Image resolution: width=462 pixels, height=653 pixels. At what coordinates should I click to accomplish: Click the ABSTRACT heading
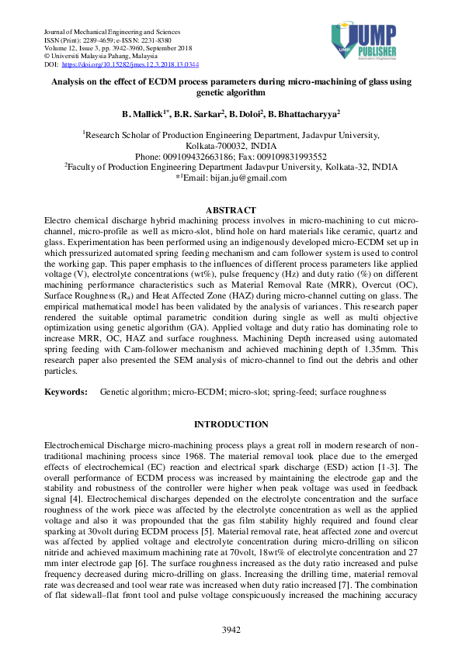coord(231,210)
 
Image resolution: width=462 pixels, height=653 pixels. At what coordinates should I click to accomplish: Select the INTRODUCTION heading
coord(231,424)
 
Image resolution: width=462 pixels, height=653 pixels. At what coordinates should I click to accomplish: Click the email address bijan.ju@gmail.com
coord(236,178)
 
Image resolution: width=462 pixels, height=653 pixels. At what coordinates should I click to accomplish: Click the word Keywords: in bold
coord(64,393)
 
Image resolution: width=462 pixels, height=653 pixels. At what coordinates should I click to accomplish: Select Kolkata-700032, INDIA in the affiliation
coord(231,145)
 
